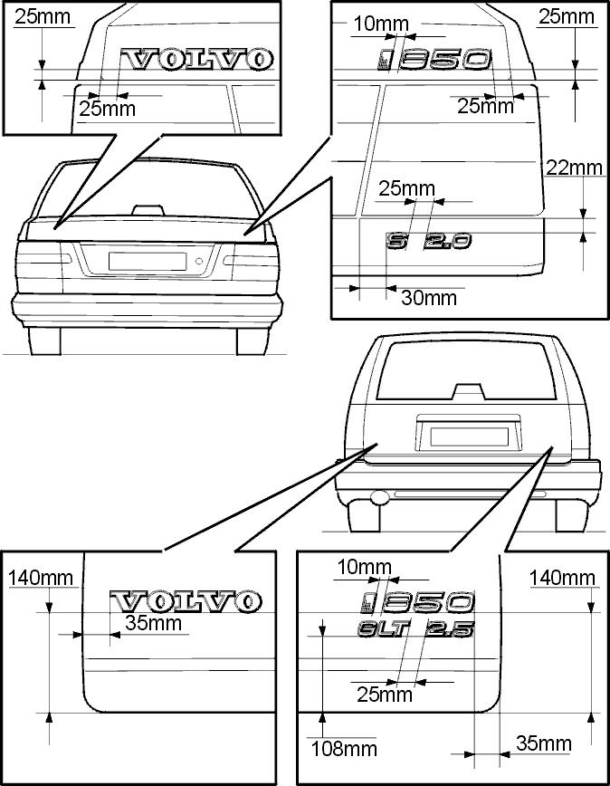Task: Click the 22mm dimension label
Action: tap(574, 168)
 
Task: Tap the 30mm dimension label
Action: tap(429, 298)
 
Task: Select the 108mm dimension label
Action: tap(344, 749)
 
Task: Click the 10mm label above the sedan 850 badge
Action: tap(381, 24)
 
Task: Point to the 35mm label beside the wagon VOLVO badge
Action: tap(153, 623)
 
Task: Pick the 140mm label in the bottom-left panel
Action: tap(41, 578)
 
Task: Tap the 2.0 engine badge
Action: tap(447, 241)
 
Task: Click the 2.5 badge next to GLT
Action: tap(449, 629)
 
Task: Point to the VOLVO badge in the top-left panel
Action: tap(198, 59)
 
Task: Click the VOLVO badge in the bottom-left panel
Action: tap(186, 601)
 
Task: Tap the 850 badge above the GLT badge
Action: tap(416, 602)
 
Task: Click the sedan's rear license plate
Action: tap(148, 261)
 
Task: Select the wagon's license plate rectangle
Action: tap(470, 436)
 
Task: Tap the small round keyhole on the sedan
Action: tap(199, 261)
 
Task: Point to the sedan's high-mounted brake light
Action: tap(148, 209)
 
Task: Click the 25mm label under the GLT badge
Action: tap(385, 695)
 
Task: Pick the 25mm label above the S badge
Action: tap(406, 188)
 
